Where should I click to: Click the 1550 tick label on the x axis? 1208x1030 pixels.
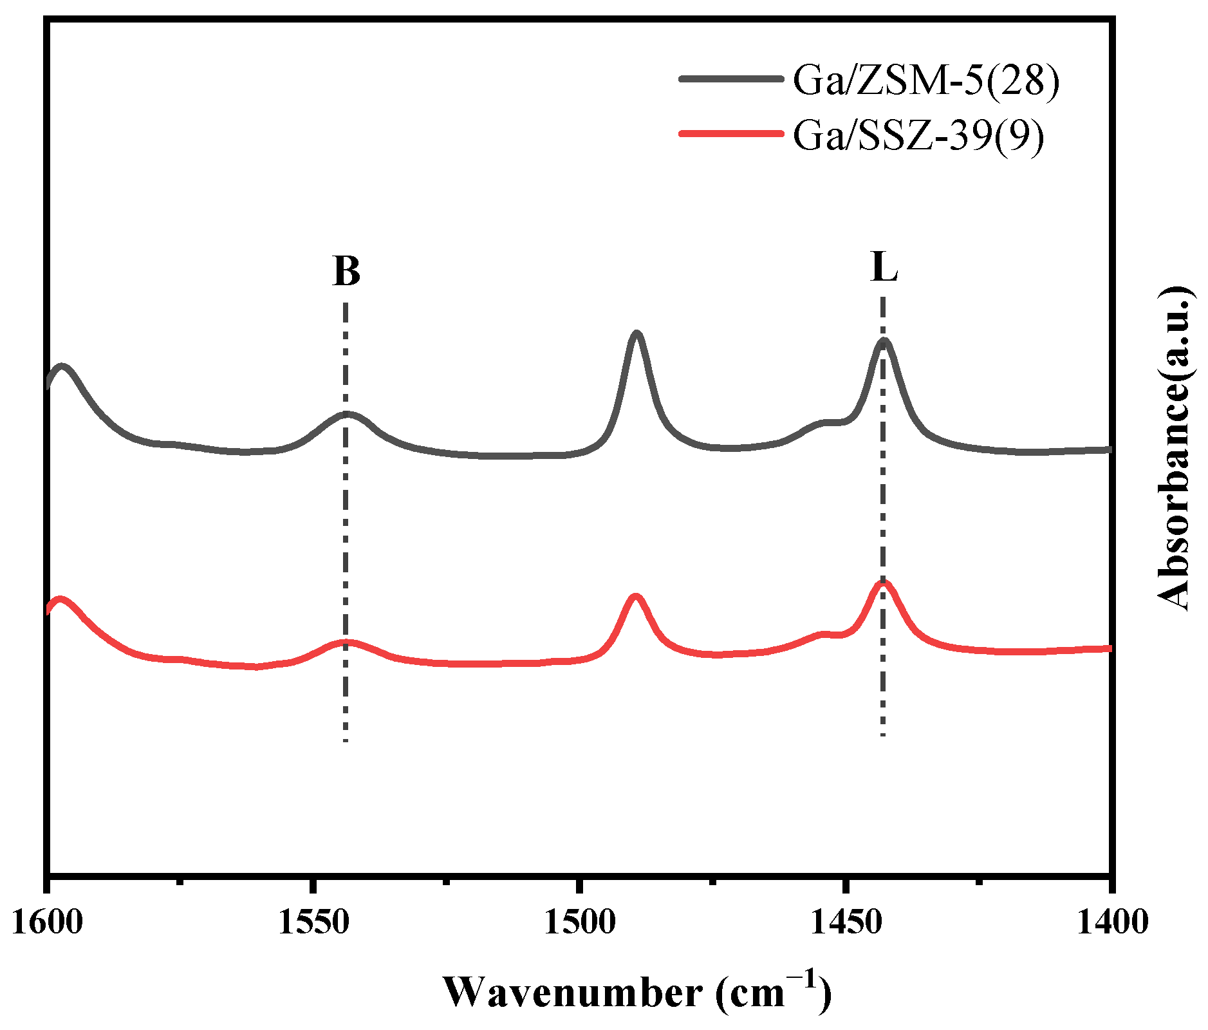[313, 922]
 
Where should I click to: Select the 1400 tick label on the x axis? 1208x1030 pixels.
[1111, 922]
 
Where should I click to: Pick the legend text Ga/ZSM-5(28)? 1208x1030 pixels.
[925, 80]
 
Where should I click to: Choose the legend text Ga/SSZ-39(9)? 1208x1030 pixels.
[918, 135]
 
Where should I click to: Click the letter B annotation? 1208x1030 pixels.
[346, 271]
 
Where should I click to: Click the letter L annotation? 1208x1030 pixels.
[884, 267]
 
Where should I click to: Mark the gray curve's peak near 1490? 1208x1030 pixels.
[637, 333]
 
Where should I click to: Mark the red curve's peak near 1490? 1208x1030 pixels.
[636, 597]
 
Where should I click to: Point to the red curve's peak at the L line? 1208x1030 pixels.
[882, 583]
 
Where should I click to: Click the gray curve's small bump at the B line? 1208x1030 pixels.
[347, 414]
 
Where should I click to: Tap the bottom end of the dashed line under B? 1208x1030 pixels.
[346, 740]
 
